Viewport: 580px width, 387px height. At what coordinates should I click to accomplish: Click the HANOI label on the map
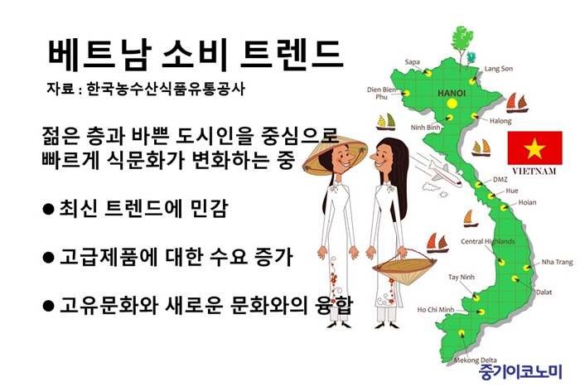452,94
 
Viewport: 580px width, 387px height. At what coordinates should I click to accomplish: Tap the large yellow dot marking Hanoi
452,104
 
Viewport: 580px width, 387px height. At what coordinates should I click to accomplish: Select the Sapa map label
412,62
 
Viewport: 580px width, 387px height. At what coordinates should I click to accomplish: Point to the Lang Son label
499,69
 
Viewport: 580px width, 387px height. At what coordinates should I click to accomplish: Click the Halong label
500,121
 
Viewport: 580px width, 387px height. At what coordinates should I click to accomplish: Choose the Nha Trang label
557,262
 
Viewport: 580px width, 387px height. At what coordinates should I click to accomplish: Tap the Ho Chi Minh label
435,310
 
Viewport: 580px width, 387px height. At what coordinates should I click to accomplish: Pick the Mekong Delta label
476,360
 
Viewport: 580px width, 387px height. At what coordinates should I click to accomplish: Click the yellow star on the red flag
534,148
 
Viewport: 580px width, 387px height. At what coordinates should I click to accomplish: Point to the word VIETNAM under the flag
534,171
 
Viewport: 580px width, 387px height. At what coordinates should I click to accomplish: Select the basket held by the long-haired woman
404,267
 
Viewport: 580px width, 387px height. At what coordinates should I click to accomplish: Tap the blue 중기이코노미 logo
521,372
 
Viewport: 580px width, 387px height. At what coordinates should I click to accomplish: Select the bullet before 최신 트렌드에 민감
48,210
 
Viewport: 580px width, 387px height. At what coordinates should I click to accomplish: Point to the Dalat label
544,293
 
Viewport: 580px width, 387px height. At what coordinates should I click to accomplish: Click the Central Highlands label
487,242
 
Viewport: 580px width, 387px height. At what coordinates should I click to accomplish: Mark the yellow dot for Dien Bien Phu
406,94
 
